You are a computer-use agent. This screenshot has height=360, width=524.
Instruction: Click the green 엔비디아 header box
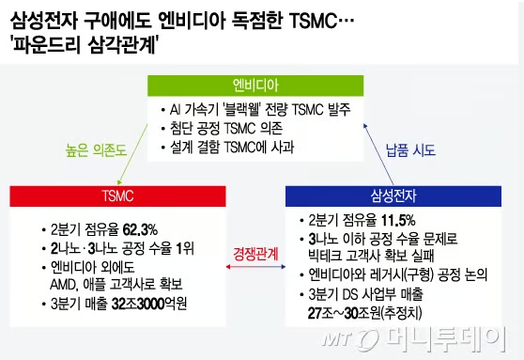click(x=255, y=86)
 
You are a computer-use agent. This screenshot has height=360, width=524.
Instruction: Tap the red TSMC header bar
click(x=117, y=196)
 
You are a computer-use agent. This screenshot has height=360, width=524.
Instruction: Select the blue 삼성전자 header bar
click(x=393, y=196)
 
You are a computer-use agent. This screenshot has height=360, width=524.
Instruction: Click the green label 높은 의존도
click(x=96, y=149)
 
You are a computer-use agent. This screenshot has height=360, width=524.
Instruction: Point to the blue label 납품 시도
click(x=410, y=149)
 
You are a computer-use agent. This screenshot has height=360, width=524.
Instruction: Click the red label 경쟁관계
click(x=255, y=254)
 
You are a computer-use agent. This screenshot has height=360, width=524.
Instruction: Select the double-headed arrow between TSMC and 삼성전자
click(x=255, y=267)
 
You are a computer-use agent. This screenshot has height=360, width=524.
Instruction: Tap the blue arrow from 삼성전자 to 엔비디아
click(x=378, y=154)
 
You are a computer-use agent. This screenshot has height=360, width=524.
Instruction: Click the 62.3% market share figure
click(x=140, y=230)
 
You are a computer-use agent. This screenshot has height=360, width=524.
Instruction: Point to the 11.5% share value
click(x=398, y=221)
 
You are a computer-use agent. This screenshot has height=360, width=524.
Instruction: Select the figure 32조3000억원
click(x=149, y=305)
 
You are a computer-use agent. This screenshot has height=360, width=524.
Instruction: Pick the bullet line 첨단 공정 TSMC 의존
click(x=226, y=128)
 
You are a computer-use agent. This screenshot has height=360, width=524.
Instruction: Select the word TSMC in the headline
click(x=313, y=21)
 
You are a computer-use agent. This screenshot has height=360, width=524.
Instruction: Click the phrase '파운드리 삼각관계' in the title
click(x=84, y=44)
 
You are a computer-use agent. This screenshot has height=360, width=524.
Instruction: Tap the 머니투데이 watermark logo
click(x=415, y=339)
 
